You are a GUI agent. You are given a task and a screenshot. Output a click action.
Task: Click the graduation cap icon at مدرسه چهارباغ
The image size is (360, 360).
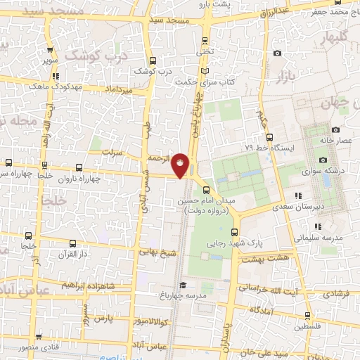(x=183, y=285)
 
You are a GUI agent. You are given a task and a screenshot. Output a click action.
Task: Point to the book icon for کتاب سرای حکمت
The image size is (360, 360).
(x=205, y=72)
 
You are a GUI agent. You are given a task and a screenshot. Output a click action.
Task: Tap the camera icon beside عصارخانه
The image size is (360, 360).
(x=335, y=129)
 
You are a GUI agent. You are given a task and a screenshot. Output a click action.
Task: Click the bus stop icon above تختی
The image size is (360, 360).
(x=205, y=40)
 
